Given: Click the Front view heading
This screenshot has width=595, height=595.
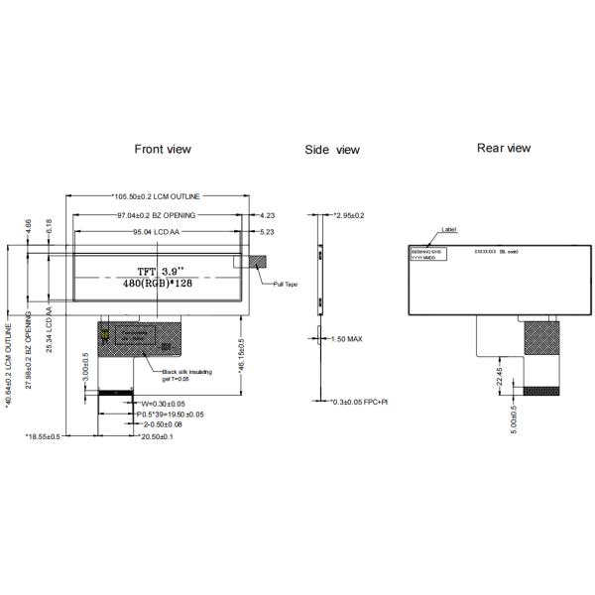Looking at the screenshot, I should tap(163, 149).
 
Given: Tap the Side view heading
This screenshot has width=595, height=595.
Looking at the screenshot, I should tap(332, 150).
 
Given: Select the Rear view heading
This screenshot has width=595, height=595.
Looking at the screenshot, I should tap(504, 148).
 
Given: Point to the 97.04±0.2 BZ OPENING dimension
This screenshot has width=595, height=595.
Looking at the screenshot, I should tap(157, 214).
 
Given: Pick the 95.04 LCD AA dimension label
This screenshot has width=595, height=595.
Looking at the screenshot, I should tap(160, 232).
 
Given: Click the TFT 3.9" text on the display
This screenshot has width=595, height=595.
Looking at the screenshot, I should tap(158, 269).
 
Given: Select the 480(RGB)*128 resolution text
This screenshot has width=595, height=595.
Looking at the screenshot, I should tap(158, 285).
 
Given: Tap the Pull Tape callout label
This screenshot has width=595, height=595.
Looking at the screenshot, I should tap(286, 285).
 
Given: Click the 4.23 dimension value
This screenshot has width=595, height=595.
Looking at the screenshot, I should tap(267, 214).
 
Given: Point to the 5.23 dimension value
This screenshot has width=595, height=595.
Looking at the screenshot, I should tap(267, 232).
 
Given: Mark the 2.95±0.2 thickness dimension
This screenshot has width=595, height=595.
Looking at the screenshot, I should tap(348, 215).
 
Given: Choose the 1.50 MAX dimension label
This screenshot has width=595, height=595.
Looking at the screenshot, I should tap(346, 339).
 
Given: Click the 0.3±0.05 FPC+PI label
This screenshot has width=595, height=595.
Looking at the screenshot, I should tap(360, 402).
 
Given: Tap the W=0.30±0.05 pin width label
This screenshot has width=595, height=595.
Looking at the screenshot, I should tap(164, 403).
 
